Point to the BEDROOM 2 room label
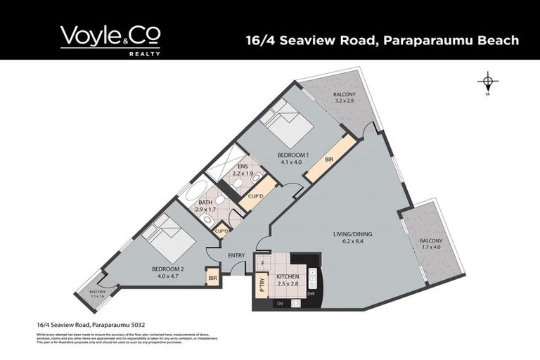click(x=169, y=269)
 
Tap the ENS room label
click(x=243, y=166)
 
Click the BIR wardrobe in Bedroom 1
click(x=329, y=160)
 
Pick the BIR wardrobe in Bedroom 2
click(x=212, y=279)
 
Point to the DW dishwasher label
click(x=310, y=293)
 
